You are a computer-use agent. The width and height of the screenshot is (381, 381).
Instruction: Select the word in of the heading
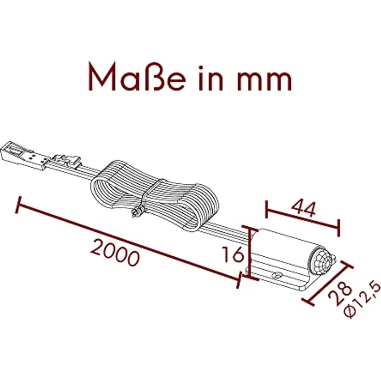tap(211, 78)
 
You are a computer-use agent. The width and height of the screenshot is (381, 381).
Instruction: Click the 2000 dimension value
tap(115, 253)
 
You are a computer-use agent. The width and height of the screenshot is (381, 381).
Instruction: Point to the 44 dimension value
tap(303, 209)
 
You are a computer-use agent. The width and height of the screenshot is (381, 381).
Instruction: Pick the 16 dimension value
tap(233, 254)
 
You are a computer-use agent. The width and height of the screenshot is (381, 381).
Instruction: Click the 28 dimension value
tap(340, 293)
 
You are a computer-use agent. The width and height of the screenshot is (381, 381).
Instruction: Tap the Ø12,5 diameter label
tap(362, 299)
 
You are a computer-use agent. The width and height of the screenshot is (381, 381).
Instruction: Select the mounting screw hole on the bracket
tap(276, 275)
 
